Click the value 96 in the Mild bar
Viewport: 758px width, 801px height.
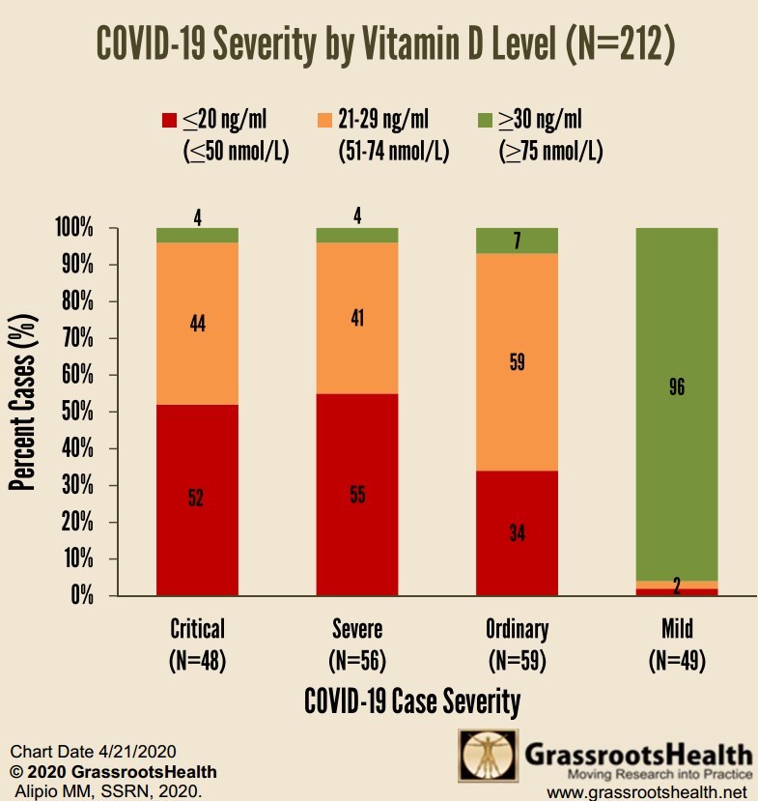[677, 388]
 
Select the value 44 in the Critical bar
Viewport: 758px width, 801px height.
[197, 325]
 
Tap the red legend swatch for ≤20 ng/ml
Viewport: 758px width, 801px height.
[169, 121]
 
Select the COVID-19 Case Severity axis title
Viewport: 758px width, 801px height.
[412, 701]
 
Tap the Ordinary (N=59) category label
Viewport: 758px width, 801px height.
[517, 644]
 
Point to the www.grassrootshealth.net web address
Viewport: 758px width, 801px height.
[648, 792]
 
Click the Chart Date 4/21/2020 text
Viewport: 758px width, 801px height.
[80, 752]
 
